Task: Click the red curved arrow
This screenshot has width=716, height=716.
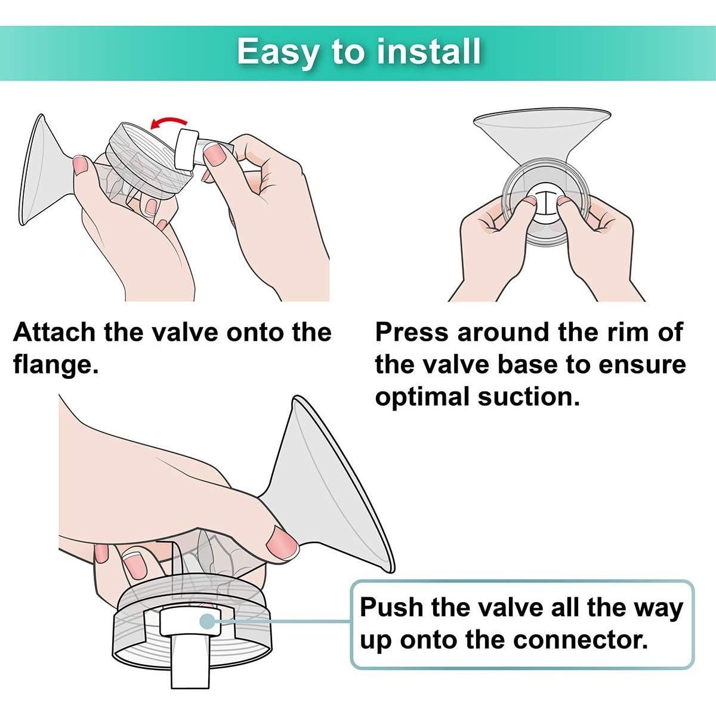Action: pos(168,122)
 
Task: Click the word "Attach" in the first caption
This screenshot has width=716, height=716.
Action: pos(55,332)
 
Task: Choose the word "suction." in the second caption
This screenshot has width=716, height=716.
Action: pos(529,397)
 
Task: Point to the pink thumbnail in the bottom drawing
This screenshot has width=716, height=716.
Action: pos(282,546)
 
